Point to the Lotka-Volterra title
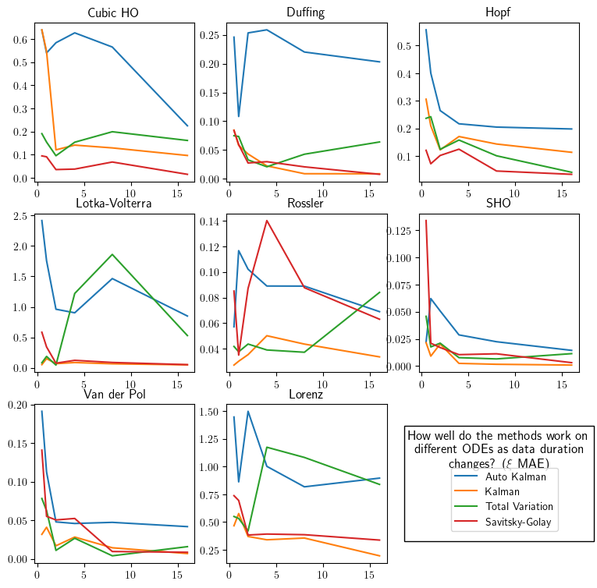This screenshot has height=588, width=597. pos(113,204)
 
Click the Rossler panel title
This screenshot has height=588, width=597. pos(305,204)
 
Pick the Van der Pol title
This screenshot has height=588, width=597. pos(113,393)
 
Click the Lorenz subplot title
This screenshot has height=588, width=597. pos(305,393)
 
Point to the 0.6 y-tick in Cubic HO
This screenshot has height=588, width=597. pos(20,38)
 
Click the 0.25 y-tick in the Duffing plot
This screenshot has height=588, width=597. pos(209,35)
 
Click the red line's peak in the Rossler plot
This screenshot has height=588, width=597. pos(267,220)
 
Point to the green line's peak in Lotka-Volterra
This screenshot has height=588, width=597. pos(112,254)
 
